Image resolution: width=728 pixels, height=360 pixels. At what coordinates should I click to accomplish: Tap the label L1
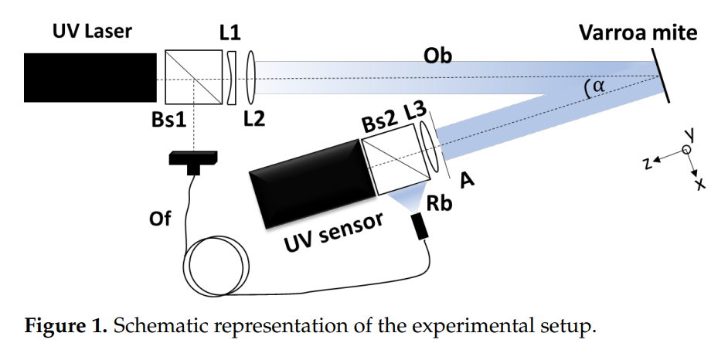231,34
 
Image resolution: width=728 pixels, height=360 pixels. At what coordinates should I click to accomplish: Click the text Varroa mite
638,33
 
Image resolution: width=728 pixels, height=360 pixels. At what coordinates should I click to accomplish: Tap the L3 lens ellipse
430,144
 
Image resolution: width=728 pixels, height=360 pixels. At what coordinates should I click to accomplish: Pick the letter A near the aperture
467,178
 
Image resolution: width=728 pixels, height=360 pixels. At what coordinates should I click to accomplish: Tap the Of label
160,219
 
